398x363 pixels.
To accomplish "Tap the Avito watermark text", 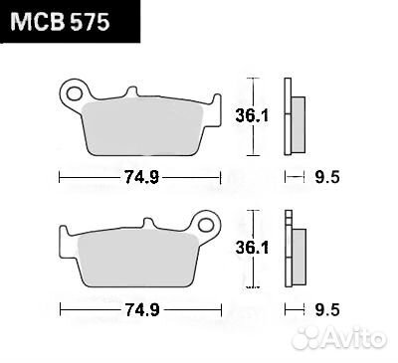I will click(357, 342).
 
